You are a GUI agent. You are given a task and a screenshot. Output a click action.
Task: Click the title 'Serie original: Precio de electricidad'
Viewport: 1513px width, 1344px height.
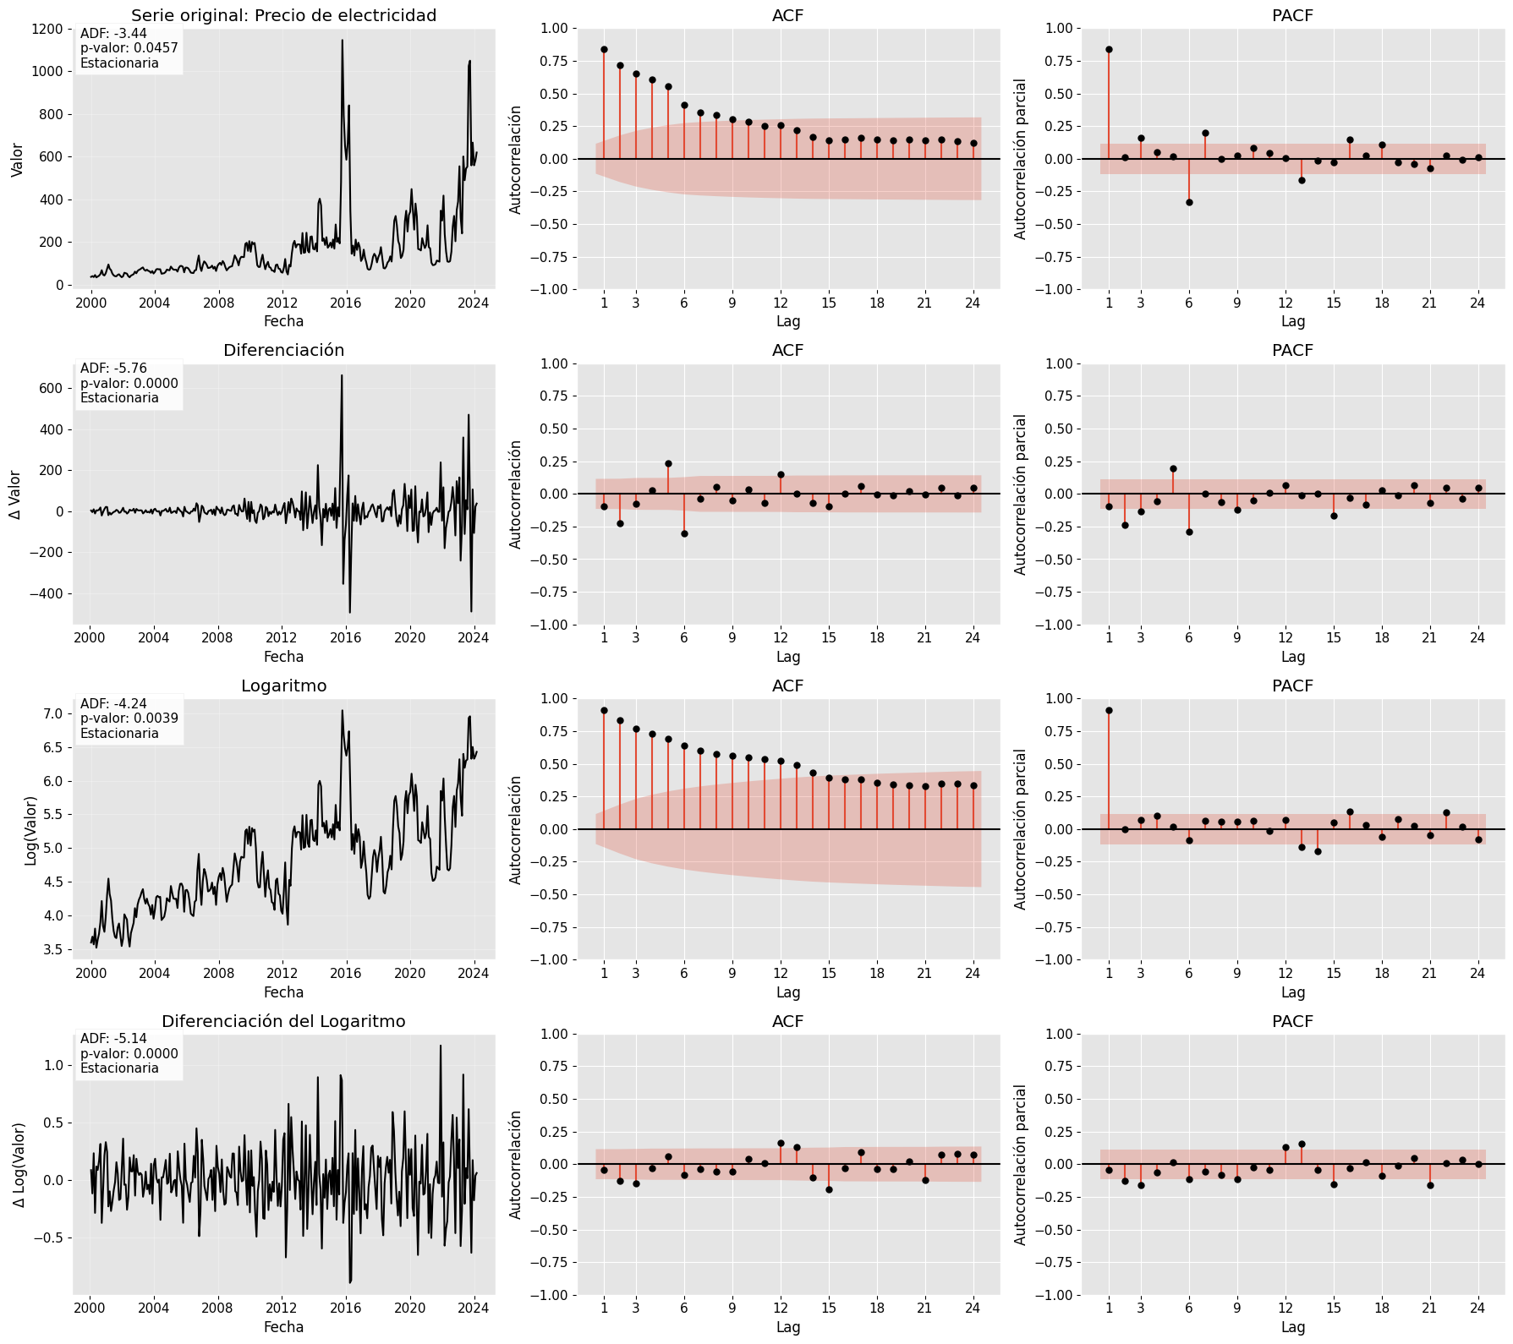(x=283, y=15)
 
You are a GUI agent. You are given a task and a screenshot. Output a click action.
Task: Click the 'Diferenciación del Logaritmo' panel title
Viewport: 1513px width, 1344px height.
(x=283, y=1021)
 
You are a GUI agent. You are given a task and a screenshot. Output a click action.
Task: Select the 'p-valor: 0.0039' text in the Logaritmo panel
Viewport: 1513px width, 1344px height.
(x=129, y=718)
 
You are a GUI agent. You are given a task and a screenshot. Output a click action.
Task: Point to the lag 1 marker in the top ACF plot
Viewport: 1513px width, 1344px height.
(x=604, y=49)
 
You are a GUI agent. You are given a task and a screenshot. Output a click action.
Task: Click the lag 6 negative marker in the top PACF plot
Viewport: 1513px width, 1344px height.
(x=1189, y=202)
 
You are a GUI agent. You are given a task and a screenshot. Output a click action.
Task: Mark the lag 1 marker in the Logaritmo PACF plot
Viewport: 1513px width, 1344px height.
(x=1109, y=711)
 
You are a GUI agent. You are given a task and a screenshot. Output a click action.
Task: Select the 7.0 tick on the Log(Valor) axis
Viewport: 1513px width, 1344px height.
(x=52, y=713)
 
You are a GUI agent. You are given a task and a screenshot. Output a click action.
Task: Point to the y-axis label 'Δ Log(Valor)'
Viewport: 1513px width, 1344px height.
(x=19, y=1164)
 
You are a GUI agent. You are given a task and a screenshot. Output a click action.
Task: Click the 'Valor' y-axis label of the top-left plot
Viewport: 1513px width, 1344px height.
(x=17, y=159)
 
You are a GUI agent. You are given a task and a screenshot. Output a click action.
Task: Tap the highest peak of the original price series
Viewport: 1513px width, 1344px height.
(x=342, y=40)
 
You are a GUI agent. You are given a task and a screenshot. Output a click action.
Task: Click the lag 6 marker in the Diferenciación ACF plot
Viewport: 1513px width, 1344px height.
(x=684, y=533)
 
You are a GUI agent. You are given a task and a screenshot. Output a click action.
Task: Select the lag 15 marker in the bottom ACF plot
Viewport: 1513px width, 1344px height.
(x=829, y=1189)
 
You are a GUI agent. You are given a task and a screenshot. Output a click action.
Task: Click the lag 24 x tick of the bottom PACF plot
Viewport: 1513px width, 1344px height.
(x=1477, y=1308)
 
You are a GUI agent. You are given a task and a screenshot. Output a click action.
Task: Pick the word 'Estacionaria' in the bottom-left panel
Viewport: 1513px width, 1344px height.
(x=119, y=1068)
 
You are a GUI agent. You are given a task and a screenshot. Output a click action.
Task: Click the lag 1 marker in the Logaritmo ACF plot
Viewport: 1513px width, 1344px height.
(x=604, y=711)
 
